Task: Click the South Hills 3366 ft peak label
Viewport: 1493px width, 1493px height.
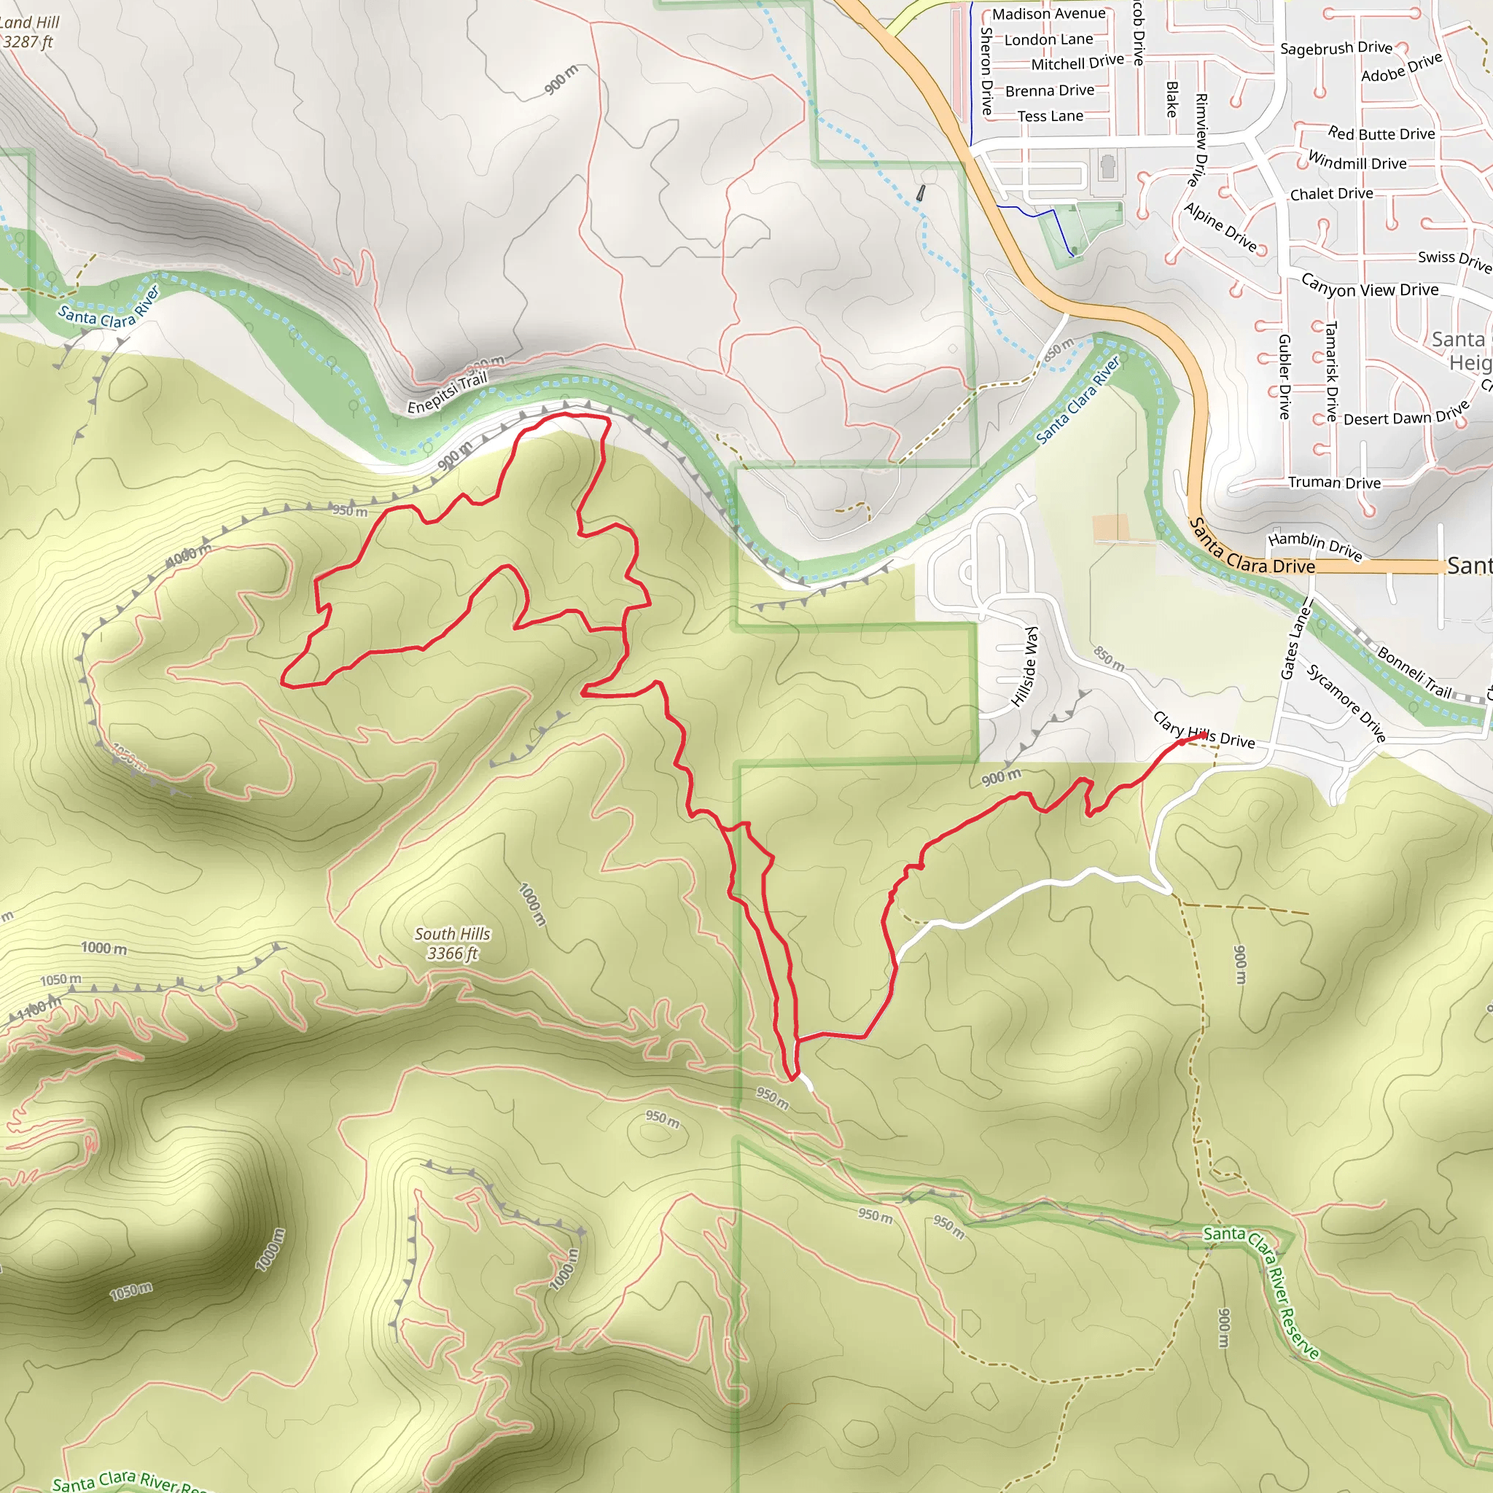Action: click(452, 943)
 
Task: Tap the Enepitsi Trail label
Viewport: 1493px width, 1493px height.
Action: click(448, 393)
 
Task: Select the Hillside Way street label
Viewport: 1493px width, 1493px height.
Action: click(1026, 666)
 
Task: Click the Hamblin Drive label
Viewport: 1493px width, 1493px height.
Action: click(1314, 545)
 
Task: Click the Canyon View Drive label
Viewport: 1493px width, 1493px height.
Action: click(1369, 286)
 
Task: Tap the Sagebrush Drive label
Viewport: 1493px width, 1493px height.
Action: click(1336, 48)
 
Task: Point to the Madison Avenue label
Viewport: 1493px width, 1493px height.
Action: click(1048, 14)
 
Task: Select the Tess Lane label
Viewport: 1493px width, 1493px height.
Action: click(1050, 116)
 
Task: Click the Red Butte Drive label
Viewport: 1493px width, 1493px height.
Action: click(1381, 133)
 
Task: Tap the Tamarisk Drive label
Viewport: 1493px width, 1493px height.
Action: click(1331, 371)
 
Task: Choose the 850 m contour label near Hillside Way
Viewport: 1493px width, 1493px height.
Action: click(1109, 658)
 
